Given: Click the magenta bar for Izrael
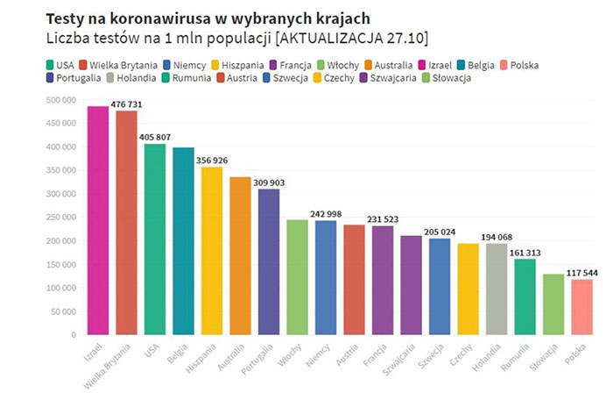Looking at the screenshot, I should (97, 219).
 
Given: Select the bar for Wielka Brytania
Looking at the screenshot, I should (126, 223).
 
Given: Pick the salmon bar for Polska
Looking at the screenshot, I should (582, 306).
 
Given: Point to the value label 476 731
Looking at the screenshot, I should (126, 104).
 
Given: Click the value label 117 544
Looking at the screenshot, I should (581, 273).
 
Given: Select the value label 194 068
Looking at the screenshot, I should (497, 237).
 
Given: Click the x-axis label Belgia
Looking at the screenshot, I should (180, 351).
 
